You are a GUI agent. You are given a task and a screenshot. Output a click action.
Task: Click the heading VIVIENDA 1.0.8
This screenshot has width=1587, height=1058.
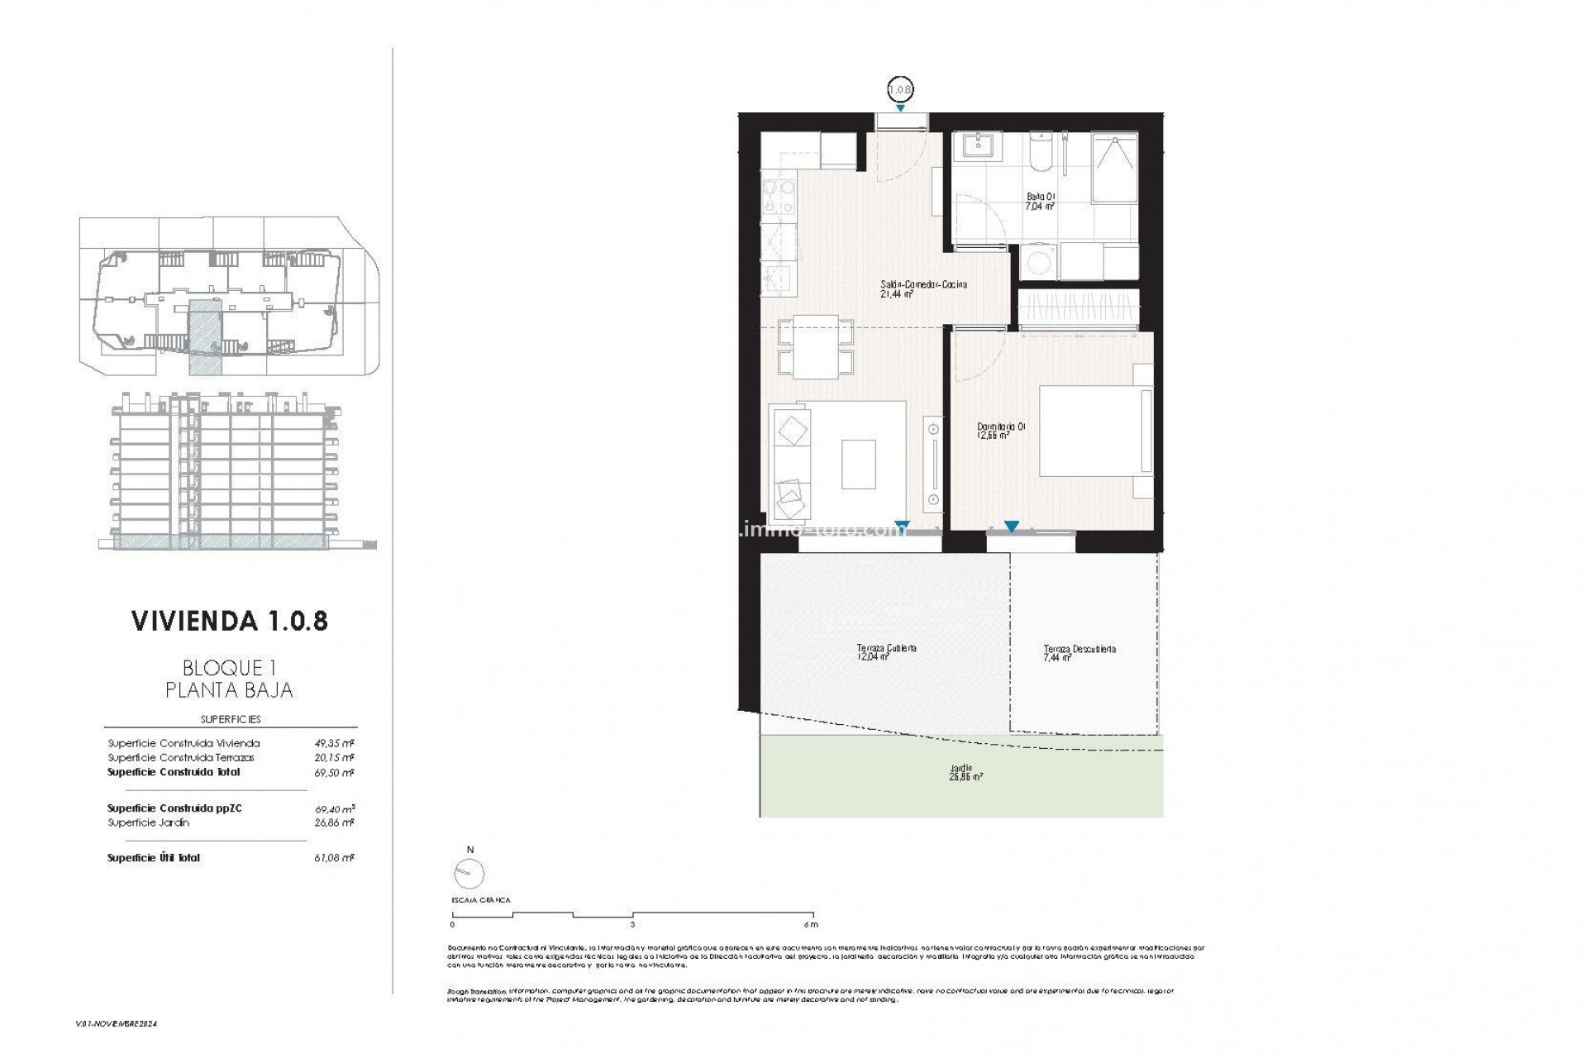click(x=230, y=622)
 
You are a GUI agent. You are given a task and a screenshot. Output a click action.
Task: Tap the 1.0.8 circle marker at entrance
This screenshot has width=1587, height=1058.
click(x=900, y=88)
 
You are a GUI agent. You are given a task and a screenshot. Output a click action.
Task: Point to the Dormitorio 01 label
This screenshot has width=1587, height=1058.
click(x=1001, y=431)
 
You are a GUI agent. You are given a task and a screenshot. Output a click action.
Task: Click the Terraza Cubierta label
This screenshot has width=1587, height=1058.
click(x=886, y=653)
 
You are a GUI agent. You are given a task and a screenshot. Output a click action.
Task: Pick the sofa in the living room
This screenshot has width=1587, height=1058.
click(x=792, y=463)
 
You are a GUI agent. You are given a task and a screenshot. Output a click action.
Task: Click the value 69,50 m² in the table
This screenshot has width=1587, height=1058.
click(x=337, y=773)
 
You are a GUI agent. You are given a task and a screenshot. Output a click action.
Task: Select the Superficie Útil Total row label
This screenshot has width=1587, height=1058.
click(x=154, y=858)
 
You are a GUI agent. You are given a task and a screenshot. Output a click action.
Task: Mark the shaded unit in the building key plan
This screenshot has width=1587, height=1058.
click(x=203, y=338)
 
